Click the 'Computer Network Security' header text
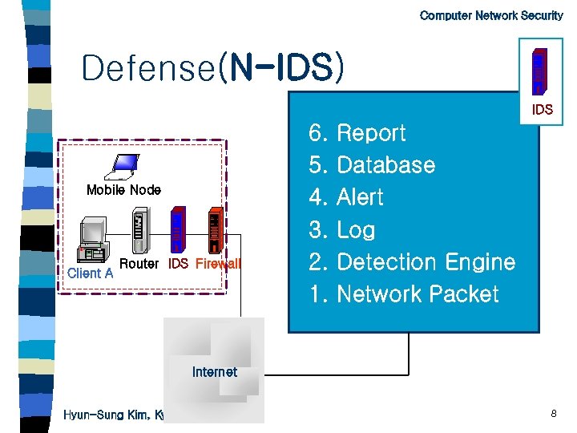tap(490, 15)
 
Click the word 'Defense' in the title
tap(148, 68)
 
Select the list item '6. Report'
tap(357, 133)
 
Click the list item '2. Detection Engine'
tap(412, 262)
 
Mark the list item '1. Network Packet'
tap(404, 294)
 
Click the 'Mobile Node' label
tap(123, 190)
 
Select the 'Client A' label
tap(90, 273)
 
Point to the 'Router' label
tap(139, 264)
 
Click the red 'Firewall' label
tap(217, 264)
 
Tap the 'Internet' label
tap(215, 372)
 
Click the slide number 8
tap(554, 414)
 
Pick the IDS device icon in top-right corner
tap(542, 69)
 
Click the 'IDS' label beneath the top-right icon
tap(543, 110)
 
